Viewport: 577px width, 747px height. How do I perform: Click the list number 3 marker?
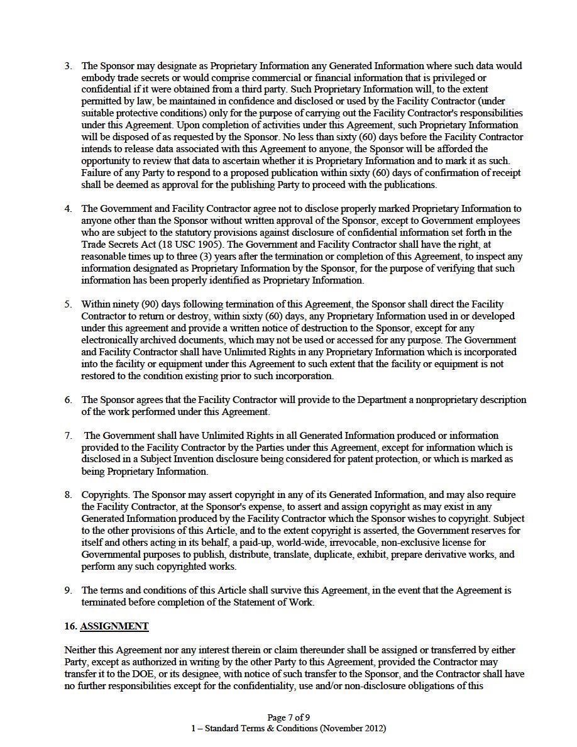(x=68, y=65)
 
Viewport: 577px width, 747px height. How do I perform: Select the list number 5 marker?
(x=68, y=304)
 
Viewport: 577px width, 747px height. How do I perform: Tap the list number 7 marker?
(x=68, y=436)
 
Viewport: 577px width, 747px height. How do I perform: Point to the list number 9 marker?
(x=68, y=590)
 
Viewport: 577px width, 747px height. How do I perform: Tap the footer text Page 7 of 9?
(x=288, y=717)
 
